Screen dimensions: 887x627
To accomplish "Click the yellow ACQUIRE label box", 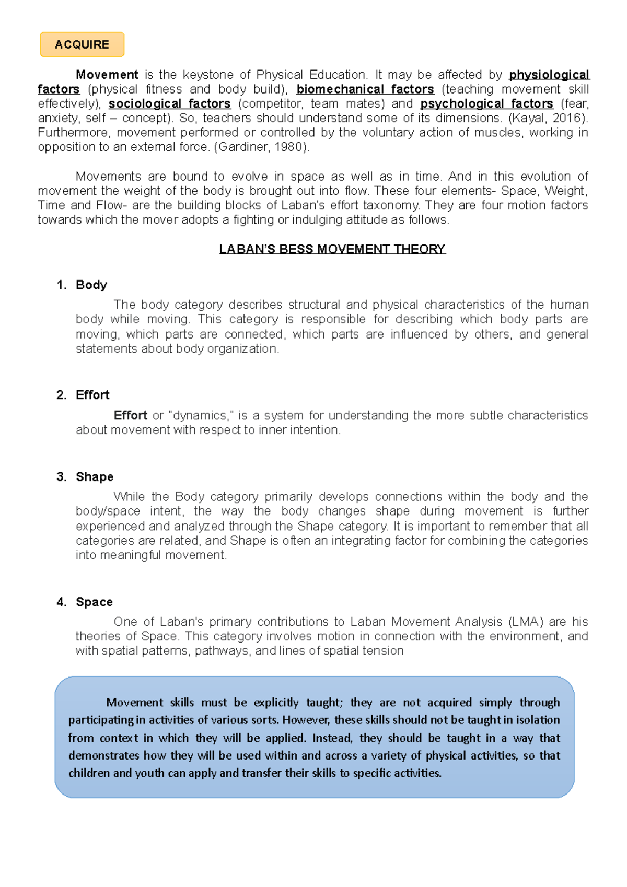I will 82,44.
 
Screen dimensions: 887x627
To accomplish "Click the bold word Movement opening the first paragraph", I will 107,75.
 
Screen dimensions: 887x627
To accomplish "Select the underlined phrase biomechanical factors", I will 365,89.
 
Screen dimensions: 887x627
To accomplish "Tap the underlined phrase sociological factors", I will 169,104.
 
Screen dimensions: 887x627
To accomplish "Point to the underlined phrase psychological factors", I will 486,104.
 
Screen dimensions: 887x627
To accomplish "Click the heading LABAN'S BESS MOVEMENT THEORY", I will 332,249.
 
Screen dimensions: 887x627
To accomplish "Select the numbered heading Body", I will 91,285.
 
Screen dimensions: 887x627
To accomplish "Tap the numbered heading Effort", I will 92,395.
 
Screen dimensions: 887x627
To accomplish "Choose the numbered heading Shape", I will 95,477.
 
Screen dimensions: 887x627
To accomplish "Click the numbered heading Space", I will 94,602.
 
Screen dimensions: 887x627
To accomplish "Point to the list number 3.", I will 61,477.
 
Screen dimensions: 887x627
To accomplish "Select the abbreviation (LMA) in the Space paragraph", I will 526,622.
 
